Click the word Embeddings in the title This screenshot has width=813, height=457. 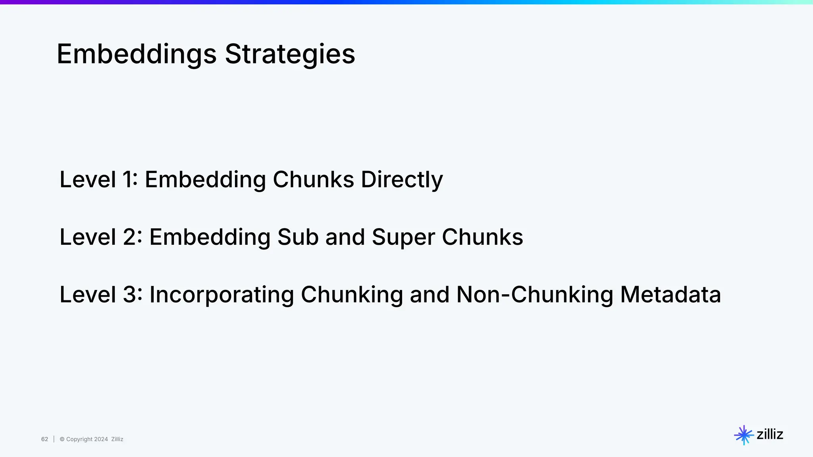137,54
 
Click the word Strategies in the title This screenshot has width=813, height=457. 290,54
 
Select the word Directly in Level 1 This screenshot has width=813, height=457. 402,179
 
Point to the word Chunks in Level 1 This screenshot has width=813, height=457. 313,179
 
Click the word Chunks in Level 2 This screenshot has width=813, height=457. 482,237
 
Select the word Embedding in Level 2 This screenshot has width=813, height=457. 210,237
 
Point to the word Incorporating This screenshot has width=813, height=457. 222,295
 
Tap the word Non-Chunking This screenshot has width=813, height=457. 535,295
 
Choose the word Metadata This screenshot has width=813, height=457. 670,295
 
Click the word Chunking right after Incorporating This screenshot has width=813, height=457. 352,295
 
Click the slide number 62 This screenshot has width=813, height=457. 44,439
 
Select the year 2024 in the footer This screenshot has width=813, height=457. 101,439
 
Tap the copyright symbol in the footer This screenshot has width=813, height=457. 62,439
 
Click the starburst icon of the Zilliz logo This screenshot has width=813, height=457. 744,435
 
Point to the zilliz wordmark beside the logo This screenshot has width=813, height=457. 770,434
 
